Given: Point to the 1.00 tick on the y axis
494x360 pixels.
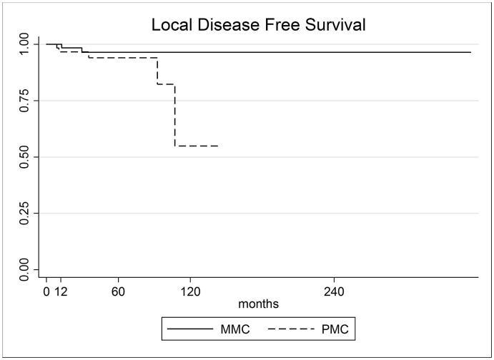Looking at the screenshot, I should tap(26, 44).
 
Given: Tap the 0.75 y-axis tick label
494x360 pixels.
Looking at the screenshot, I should tap(26, 101).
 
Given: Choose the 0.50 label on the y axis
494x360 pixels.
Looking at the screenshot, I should tap(26, 156).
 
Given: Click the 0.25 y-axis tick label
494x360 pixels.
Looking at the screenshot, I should tap(26, 213).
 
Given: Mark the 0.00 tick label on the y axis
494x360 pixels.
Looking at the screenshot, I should tap(26, 269).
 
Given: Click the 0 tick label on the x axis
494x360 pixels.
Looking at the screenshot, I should tap(46, 291).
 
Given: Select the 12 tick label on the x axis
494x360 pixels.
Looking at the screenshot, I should tap(61, 291).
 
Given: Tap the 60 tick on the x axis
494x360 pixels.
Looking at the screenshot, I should tap(118, 291).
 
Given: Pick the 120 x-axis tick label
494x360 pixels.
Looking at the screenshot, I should tap(190, 291).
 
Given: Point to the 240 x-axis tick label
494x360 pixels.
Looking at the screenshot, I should tap(334, 291).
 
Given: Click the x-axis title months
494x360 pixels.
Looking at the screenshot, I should tap(259, 304).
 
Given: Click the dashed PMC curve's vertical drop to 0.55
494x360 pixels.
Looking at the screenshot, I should tap(175, 116).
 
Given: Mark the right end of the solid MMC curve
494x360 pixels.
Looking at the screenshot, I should tap(470, 52).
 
